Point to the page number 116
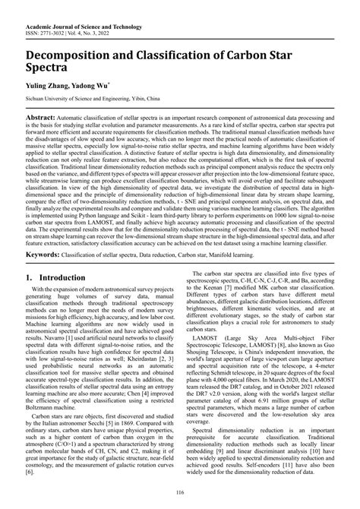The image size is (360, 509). click(180, 495)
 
